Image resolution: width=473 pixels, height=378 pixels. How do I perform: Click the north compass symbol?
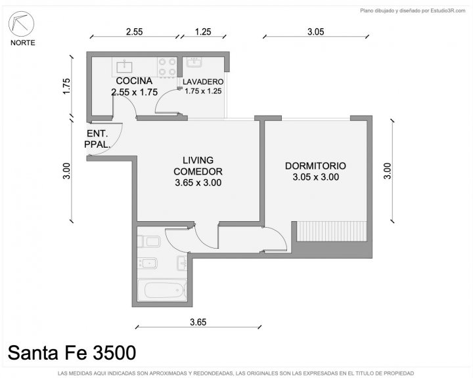pyautogui.click(x=22, y=24)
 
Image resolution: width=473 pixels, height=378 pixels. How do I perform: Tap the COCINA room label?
pyautogui.click(x=134, y=81)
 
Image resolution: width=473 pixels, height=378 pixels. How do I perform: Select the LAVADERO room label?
pyautogui.click(x=203, y=81)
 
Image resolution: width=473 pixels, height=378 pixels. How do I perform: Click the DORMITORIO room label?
pyautogui.click(x=315, y=166)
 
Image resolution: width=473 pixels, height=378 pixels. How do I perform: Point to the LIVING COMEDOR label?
pyautogui.click(x=198, y=166)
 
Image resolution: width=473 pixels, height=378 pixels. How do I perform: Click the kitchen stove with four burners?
pyautogui.click(x=168, y=67)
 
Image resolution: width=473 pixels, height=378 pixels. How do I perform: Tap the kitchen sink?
pyautogui.click(x=124, y=66)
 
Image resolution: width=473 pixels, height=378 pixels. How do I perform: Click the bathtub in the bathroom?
pyautogui.click(x=162, y=290)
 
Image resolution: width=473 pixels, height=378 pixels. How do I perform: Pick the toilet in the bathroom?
pyautogui.click(x=148, y=241)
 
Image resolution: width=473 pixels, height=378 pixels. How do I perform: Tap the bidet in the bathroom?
pyautogui.click(x=147, y=263)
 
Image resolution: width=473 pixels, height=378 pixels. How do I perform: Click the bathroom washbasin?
pyautogui.click(x=182, y=263)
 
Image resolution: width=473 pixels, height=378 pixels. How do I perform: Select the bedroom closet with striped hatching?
pyautogui.click(x=332, y=231)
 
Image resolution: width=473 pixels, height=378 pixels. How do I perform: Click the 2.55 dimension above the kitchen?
pyautogui.click(x=134, y=31)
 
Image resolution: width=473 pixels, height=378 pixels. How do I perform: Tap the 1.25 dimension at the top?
pyautogui.click(x=203, y=31)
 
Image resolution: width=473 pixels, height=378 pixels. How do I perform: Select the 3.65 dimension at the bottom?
pyautogui.click(x=198, y=322)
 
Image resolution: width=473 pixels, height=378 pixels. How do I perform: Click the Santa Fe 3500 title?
pyautogui.click(x=72, y=352)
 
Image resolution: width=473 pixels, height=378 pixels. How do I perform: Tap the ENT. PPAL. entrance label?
pyautogui.click(x=97, y=139)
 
